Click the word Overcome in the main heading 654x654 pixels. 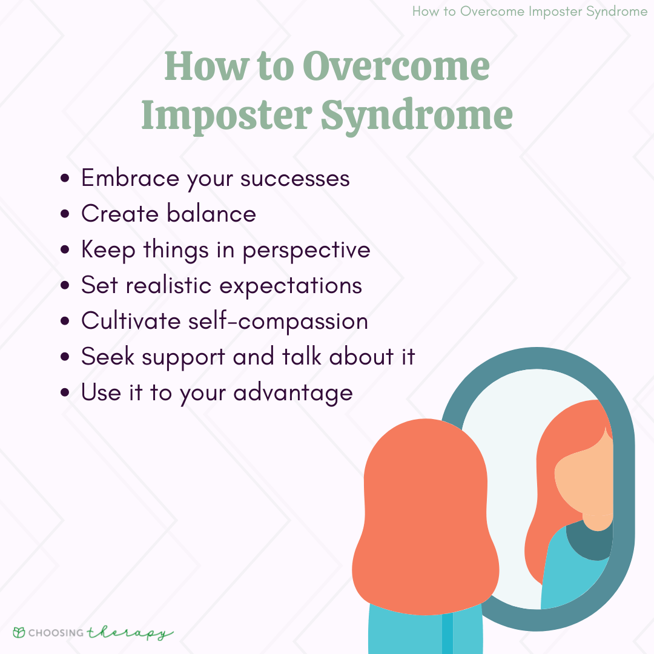[395, 67]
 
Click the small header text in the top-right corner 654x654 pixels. [529, 12]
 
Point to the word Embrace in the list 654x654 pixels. [130, 178]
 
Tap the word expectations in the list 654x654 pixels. [291, 286]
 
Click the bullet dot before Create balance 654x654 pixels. [66, 215]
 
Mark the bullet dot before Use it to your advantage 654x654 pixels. [66, 394]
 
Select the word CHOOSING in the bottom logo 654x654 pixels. [58, 633]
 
